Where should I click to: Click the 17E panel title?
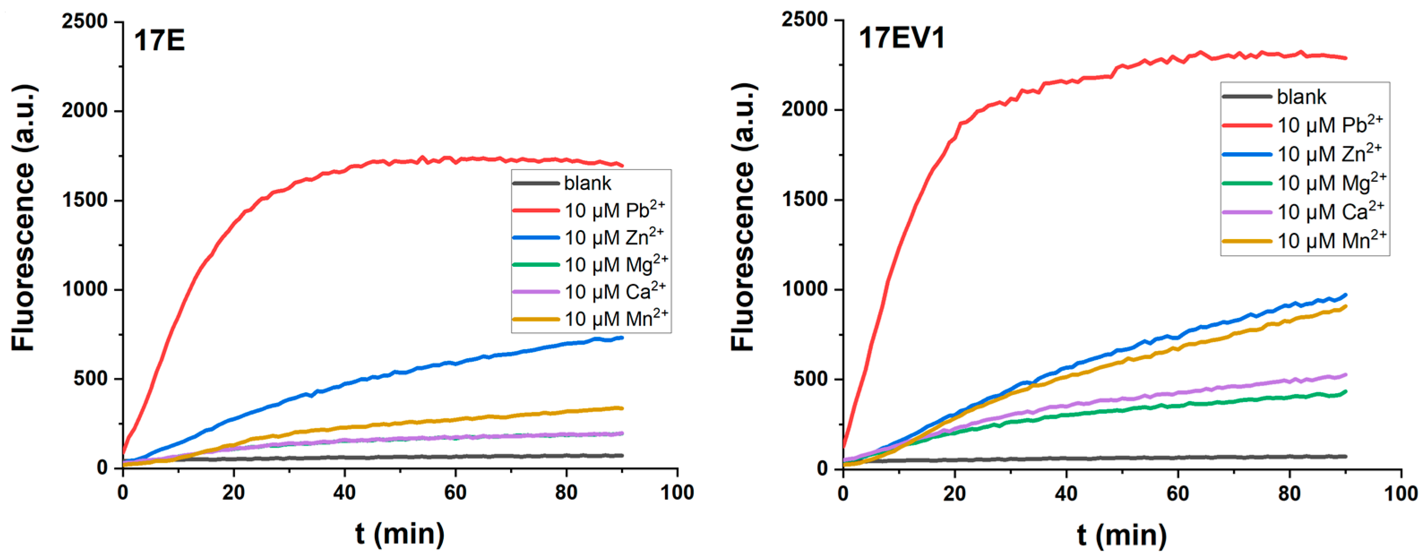pyautogui.click(x=159, y=41)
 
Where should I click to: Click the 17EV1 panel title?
pyautogui.click(x=901, y=38)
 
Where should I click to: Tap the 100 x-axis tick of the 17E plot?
pyautogui.click(x=677, y=492)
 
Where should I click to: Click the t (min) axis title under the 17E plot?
pyautogui.click(x=399, y=534)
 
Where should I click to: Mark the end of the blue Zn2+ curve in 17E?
pyautogui.click(x=622, y=337)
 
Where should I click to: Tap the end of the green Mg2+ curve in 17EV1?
pyautogui.click(x=1345, y=391)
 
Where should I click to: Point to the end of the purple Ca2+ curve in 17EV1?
pyautogui.click(x=1345, y=375)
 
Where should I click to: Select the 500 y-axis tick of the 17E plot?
pyautogui.click(x=91, y=379)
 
